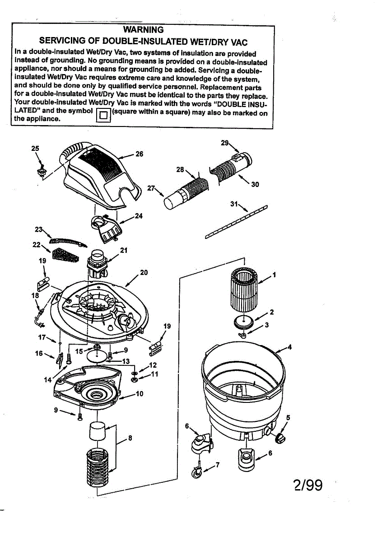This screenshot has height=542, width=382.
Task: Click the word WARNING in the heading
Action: (x=143, y=30)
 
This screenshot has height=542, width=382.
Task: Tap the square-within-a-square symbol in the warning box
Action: (x=103, y=114)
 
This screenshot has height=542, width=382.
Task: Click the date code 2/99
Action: (x=308, y=485)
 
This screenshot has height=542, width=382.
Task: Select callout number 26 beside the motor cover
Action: (x=139, y=154)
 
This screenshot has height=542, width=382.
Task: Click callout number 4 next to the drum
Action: (x=289, y=347)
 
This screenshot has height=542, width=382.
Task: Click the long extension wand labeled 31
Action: (x=236, y=221)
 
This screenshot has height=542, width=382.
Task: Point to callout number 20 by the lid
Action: (x=144, y=272)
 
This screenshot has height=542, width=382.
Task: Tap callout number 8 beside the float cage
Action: (x=130, y=437)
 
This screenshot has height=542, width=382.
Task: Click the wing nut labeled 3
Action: (x=243, y=335)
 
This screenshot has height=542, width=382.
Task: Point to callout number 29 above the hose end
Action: (x=224, y=143)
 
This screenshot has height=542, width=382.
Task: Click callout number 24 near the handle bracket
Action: (x=138, y=215)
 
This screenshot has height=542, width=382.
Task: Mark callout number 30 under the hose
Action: (x=255, y=184)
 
